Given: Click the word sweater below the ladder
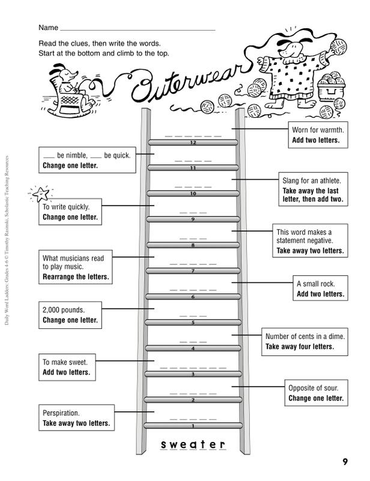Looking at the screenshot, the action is click(193, 444).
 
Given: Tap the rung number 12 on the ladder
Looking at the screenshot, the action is click(193, 142).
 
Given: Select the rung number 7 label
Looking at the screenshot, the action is click(193, 271).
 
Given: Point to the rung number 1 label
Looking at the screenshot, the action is click(193, 426).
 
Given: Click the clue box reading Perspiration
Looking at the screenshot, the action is click(76, 417).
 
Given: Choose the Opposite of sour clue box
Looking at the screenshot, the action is click(316, 393).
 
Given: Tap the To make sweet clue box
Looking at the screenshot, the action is click(67, 367).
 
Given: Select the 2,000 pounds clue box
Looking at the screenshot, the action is click(70, 315).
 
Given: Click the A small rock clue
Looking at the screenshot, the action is click(320, 288).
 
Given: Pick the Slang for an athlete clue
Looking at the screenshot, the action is click(313, 189).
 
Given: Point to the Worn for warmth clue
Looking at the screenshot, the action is click(318, 135).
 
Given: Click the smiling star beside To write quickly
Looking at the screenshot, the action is click(41, 194).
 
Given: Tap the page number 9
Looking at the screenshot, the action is click(345, 462).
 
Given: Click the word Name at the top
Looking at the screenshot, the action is click(48, 28).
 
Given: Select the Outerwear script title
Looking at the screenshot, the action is click(190, 84).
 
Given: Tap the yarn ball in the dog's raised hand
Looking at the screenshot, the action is click(338, 47).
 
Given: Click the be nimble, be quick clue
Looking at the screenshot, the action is click(87, 160).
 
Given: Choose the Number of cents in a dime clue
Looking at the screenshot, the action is click(305, 342).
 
